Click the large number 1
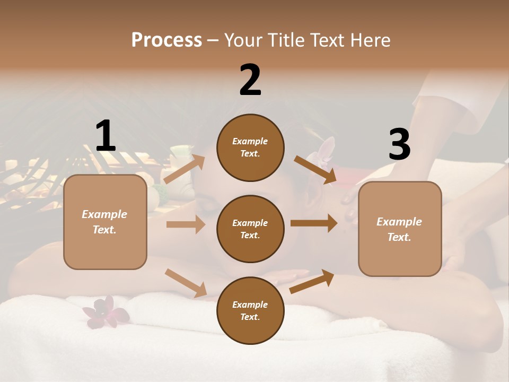pyautogui.click(x=106, y=136)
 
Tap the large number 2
pyautogui.click(x=250, y=80)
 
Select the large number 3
pyautogui.click(x=399, y=144)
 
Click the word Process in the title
pyautogui.click(x=166, y=40)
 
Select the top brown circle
pyautogui.click(x=250, y=147)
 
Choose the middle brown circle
pyautogui.click(x=250, y=229)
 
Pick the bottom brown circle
pyautogui.click(x=250, y=310)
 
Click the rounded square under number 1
pyautogui.click(x=105, y=222)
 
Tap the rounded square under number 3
pyautogui.click(x=400, y=229)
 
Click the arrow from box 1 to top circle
pyautogui.click(x=185, y=169)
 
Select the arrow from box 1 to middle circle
pyautogui.click(x=186, y=224)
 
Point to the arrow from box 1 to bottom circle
pyautogui.click(x=186, y=283)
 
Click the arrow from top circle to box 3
pyautogui.click(x=315, y=170)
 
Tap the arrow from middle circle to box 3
pyautogui.click(x=314, y=223)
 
